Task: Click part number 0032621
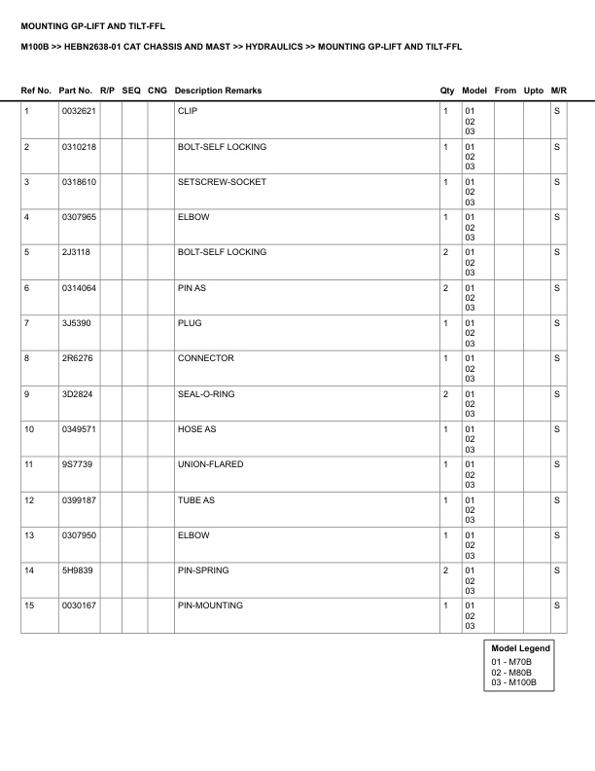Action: click(x=78, y=112)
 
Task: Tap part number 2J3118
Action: click(x=75, y=252)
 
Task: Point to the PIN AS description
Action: click(x=192, y=288)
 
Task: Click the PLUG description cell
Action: click(x=190, y=323)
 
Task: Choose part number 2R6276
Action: click(x=76, y=358)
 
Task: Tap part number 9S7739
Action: click(x=76, y=464)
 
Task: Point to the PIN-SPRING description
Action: click(x=203, y=570)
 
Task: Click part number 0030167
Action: click(x=78, y=606)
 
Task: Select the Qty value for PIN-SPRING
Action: click(x=445, y=570)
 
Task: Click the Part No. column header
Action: click(x=77, y=91)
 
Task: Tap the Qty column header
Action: click(x=447, y=91)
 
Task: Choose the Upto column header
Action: click(x=534, y=91)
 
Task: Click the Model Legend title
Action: click(x=520, y=648)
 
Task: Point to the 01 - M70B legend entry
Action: click(x=511, y=661)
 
